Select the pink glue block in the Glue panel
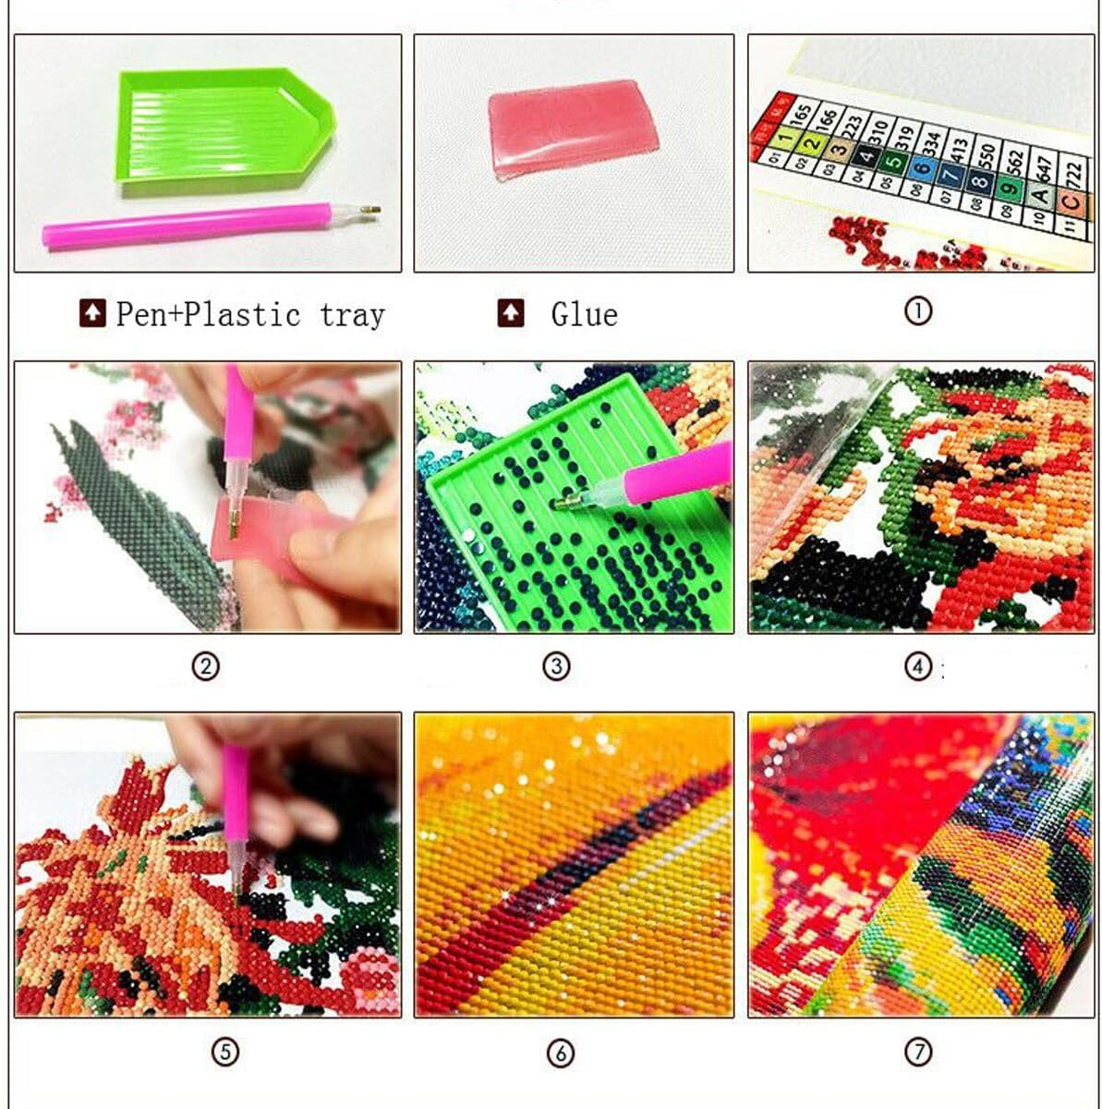point(573,128)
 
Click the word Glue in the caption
point(584,315)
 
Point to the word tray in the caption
point(351,315)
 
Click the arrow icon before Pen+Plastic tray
point(91,314)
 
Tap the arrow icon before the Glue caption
point(510,314)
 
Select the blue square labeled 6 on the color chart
point(921,167)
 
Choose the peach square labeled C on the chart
point(1070,201)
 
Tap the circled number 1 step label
point(917,311)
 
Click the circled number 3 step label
point(556,666)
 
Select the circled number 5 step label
point(225,1051)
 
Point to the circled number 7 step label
point(917,1051)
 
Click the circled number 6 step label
point(560,1053)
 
